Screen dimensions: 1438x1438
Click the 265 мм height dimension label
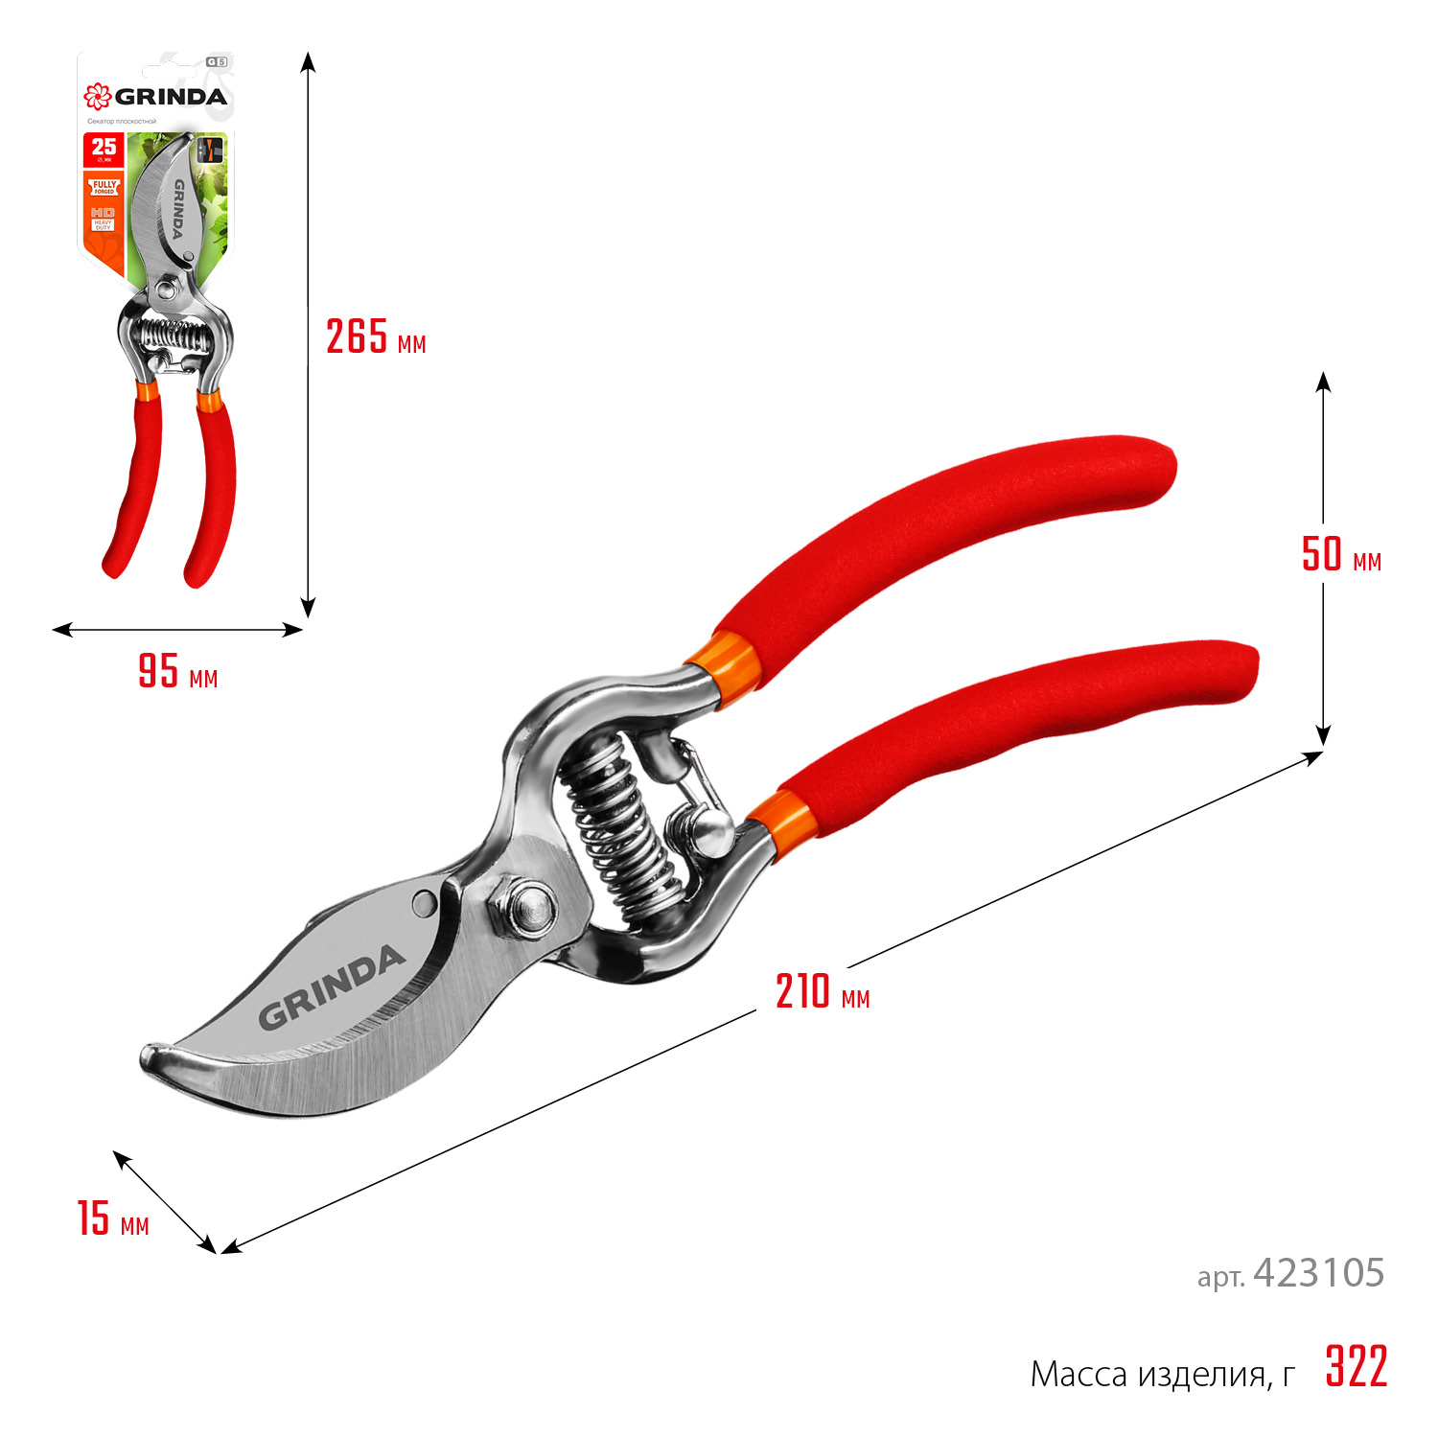point(375,337)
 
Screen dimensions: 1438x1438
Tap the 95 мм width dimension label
point(178,671)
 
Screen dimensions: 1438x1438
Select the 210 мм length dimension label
point(823,991)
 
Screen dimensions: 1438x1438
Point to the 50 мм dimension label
point(1340,555)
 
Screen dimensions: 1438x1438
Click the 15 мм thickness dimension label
point(113,1218)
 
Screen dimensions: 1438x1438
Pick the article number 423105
point(1318,1273)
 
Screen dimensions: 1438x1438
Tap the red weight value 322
point(1357,1367)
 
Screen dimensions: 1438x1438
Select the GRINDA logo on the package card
point(155,96)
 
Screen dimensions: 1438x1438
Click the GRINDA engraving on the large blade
point(331,987)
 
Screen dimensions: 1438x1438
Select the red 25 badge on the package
point(104,150)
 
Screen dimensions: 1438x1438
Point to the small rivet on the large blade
point(422,901)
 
